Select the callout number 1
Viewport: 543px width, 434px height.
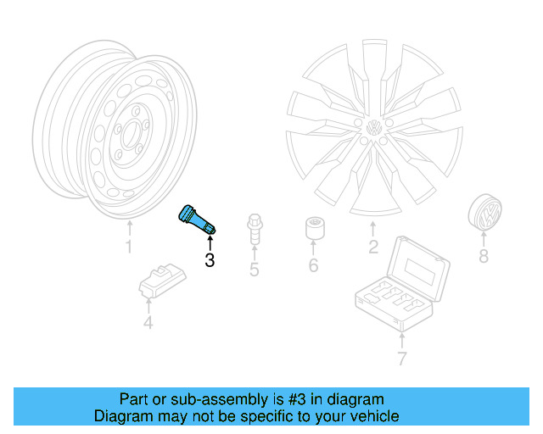click(129, 248)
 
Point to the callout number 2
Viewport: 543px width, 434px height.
click(372, 248)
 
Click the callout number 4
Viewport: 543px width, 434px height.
click(148, 323)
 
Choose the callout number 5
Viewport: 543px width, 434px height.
click(254, 270)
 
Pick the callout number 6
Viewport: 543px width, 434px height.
click(313, 266)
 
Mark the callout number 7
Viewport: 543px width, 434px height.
click(401, 358)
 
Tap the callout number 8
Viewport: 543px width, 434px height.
click(484, 257)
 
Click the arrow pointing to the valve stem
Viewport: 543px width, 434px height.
click(210, 242)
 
